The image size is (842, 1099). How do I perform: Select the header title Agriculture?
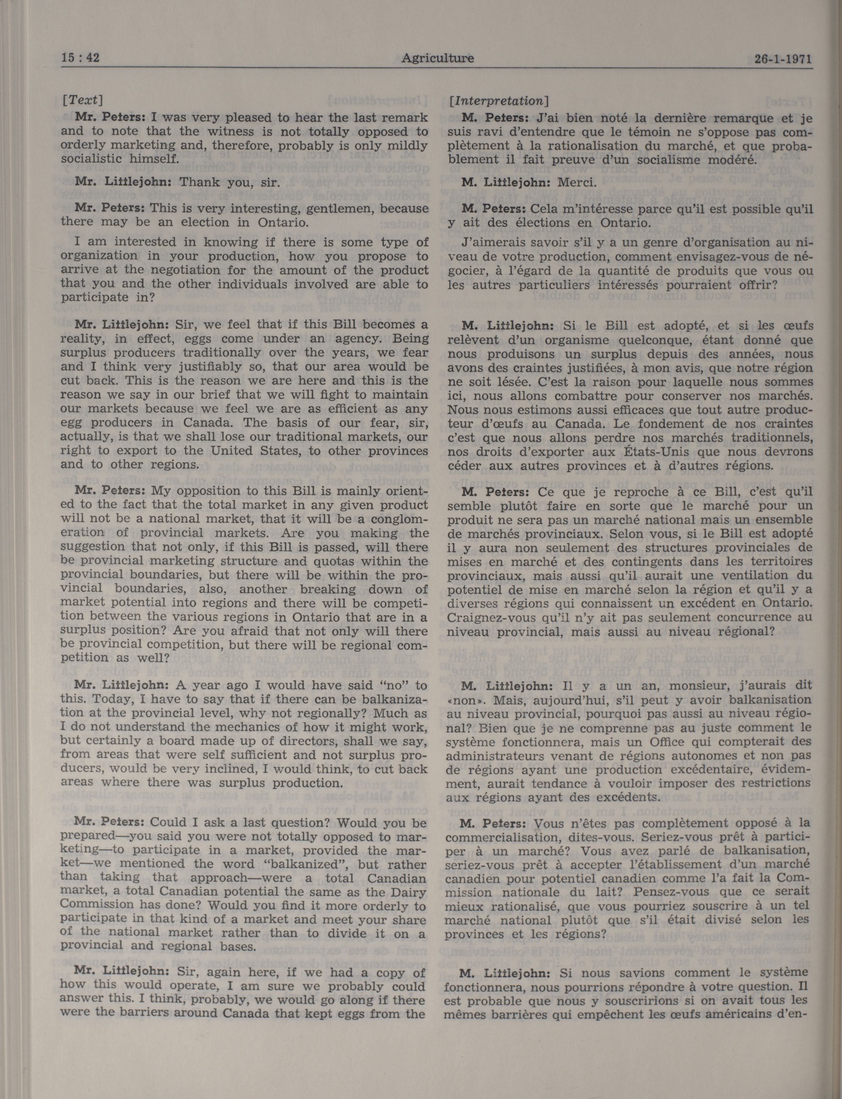pyautogui.click(x=437, y=58)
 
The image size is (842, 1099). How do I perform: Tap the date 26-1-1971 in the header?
pyautogui.click(x=782, y=59)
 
